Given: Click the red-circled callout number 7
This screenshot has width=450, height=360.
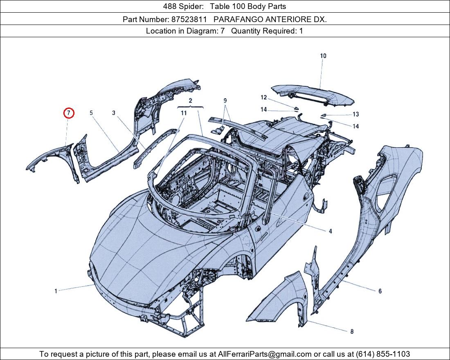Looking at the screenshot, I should click(x=69, y=113).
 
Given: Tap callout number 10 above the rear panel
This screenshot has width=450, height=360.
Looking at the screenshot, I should click(x=323, y=56).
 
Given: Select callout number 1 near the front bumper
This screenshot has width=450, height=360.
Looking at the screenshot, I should click(x=56, y=291).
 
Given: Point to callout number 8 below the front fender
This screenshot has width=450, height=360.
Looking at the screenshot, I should click(x=352, y=331).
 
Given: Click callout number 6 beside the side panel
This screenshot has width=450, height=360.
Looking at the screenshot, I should click(x=380, y=291).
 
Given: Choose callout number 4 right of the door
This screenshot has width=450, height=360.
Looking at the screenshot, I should click(x=330, y=231).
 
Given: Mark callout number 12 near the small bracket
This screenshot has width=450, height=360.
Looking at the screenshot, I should click(x=263, y=97).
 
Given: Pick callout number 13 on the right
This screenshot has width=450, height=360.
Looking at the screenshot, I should click(x=355, y=114).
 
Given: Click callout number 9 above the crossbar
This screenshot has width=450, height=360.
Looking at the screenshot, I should click(x=225, y=100).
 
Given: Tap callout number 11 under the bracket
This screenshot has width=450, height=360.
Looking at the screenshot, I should click(x=183, y=112).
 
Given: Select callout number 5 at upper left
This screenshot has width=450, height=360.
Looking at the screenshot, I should click(x=91, y=113).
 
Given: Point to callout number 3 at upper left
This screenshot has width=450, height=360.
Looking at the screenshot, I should click(x=114, y=113).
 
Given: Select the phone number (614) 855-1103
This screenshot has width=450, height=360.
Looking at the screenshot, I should click(x=383, y=354).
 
